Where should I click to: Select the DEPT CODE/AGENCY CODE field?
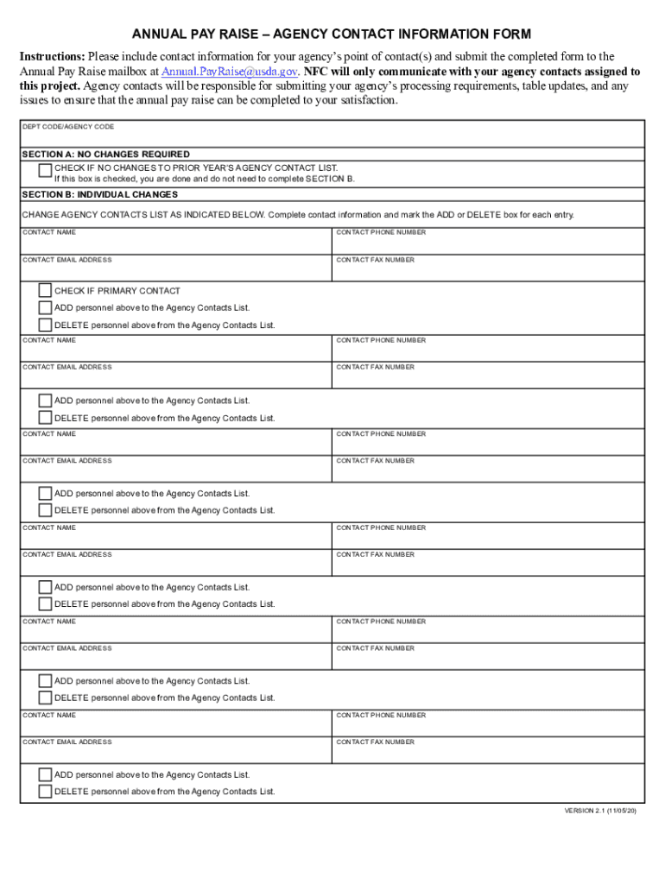coord(332,136)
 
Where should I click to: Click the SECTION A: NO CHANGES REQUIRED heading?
coord(106,155)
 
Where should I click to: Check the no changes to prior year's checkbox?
coord(45,170)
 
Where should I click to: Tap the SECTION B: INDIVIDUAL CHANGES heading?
coord(100,194)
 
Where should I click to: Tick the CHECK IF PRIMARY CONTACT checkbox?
coord(45,291)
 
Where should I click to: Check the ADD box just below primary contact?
coord(45,308)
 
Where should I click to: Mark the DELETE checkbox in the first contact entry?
coord(45,325)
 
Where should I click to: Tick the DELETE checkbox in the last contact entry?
coord(45,792)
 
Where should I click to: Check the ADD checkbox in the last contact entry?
coord(45,775)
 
